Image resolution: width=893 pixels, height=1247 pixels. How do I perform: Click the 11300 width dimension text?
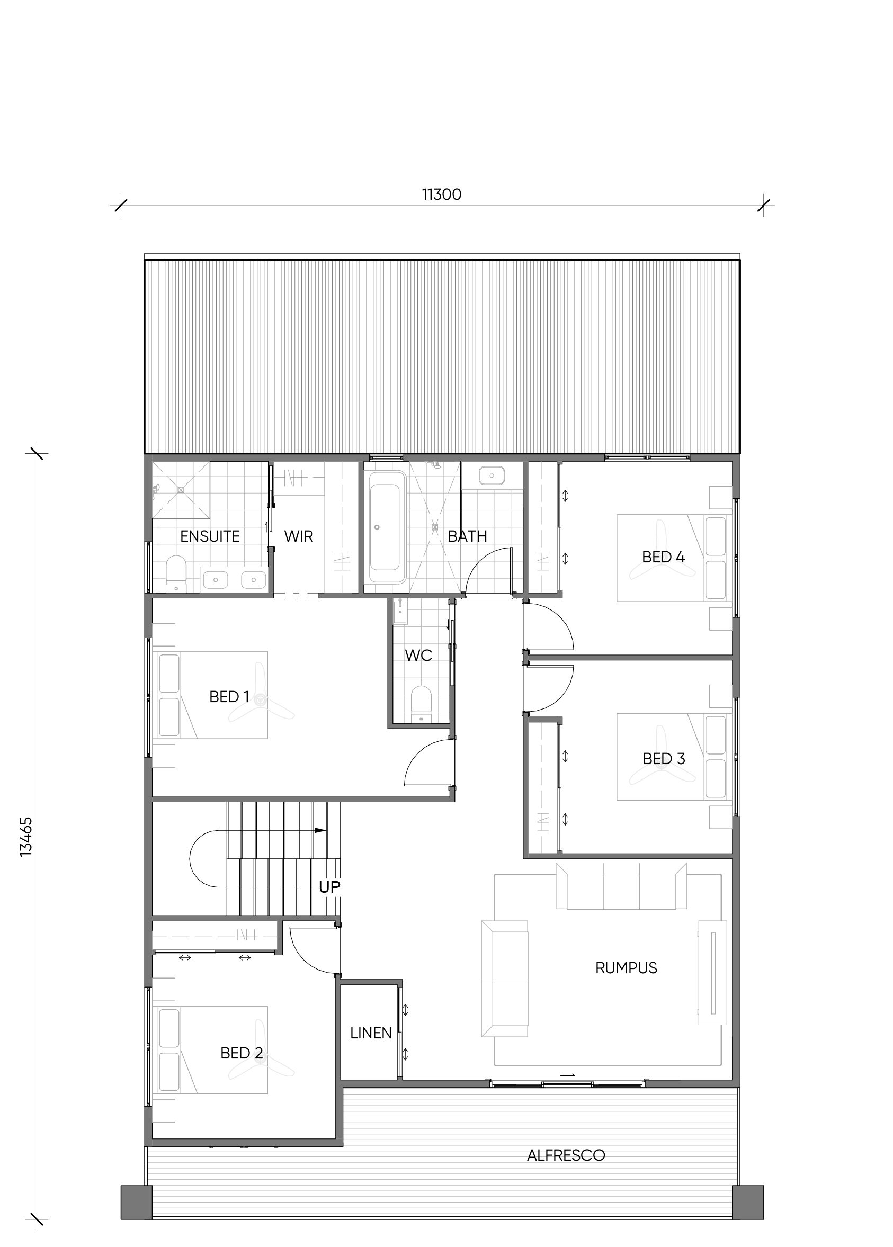tap(442, 194)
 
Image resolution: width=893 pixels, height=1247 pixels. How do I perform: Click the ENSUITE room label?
tap(210, 536)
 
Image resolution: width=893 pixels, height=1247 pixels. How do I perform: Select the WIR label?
tap(299, 536)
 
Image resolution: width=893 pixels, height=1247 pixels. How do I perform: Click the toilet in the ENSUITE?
tap(176, 574)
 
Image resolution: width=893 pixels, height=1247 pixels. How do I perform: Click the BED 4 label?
tap(663, 557)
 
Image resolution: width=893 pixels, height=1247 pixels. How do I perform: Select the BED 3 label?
tap(664, 758)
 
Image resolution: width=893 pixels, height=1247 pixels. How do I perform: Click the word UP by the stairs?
tap(330, 886)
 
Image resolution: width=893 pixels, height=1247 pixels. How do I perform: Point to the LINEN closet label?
tap(371, 1033)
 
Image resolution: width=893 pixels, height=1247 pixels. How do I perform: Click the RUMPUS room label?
tap(626, 968)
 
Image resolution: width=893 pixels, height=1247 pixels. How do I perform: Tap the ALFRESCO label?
tap(566, 1155)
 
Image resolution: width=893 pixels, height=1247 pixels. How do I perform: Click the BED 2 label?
tap(242, 1053)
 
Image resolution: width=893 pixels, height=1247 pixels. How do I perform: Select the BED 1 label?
tap(229, 697)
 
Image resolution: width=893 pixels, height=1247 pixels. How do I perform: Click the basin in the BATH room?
tap(492, 476)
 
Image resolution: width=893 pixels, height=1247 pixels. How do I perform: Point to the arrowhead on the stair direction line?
tap(320, 830)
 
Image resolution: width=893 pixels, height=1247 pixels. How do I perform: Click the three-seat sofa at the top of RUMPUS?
tap(621, 886)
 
